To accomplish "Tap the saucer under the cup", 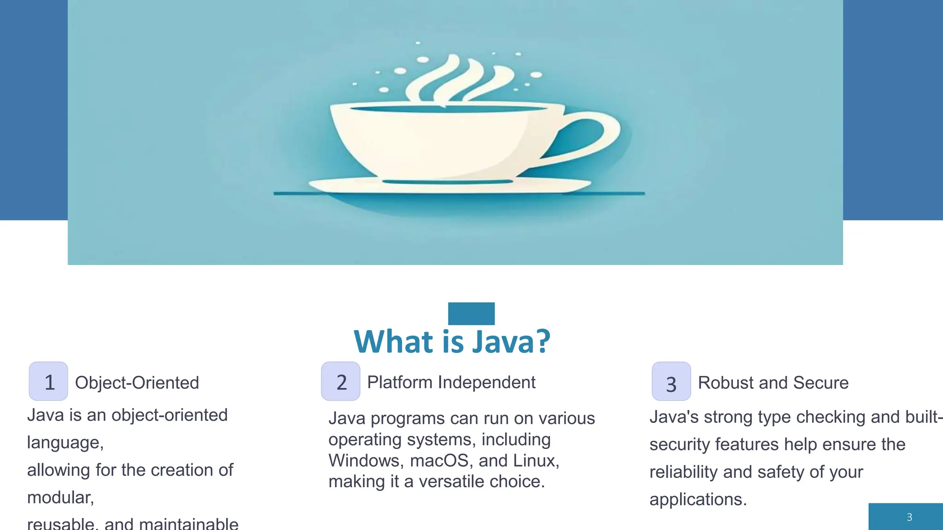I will point(449,187).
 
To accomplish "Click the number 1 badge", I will point(48,381).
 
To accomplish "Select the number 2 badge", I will point(341,381).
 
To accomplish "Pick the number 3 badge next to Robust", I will point(671,382).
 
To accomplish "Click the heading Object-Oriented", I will point(137,383).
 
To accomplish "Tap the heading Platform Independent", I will point(451,382).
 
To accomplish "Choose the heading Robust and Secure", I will point(773,383).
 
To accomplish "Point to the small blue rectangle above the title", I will point(471,313).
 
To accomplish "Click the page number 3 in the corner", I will point(909,517).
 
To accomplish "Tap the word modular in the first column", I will point(59,498).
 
